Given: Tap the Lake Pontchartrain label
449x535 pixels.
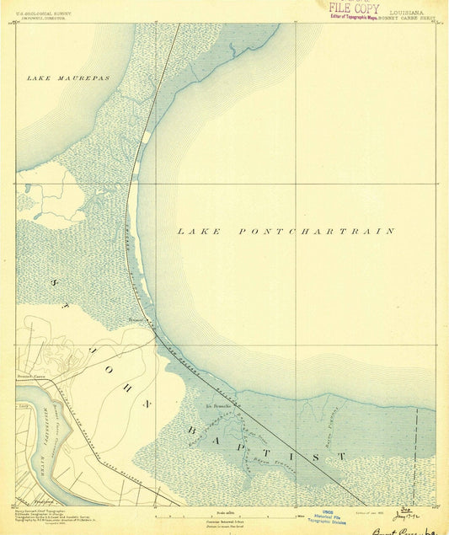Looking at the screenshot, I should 286,230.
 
